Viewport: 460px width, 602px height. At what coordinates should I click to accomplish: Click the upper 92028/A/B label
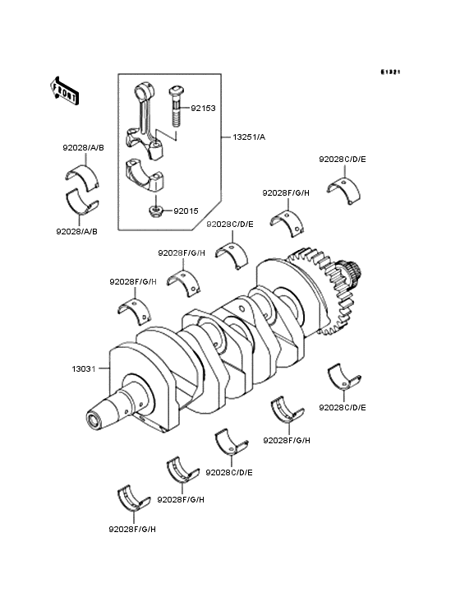[x=82, y=148]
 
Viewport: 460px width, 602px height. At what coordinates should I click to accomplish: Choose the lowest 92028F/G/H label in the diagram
[x=131, y=529]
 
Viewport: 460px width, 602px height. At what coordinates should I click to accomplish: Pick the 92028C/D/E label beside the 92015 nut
[x=229, y=224]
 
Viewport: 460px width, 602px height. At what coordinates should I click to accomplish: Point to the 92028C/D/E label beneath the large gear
[x=342, y=408]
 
